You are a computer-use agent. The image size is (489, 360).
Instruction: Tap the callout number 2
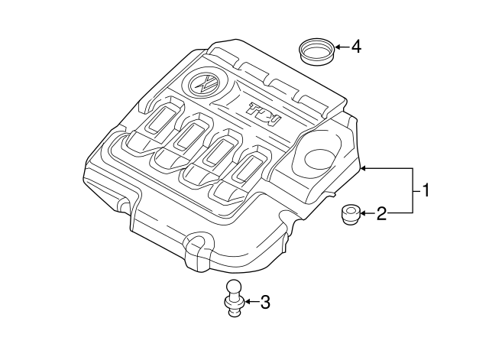[x=381, y=214]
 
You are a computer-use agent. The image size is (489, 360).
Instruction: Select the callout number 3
[x=265, y=303]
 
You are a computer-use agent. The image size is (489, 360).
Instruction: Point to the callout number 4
[x=355, y=47]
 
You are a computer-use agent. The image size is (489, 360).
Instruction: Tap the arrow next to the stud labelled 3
[x=250, y=303]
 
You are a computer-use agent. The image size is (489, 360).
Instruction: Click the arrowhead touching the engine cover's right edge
[x=366, y=167]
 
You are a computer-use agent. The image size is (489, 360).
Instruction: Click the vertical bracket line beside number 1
[x=413, y=190]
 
